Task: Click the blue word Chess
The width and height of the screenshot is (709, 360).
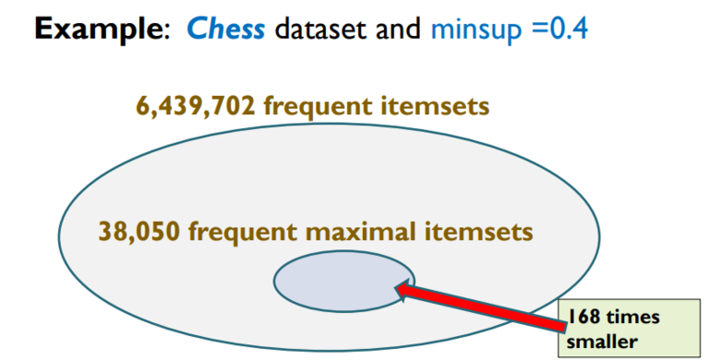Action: (226, 30)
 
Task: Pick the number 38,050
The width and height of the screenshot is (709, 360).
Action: (139, 231)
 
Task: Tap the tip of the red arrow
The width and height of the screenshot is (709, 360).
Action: (399, 289)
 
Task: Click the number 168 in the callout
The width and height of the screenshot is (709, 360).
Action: (583, 318)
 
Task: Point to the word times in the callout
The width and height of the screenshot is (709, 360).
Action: (633, 318)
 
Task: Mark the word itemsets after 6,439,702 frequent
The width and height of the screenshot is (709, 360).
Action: (435, 106)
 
